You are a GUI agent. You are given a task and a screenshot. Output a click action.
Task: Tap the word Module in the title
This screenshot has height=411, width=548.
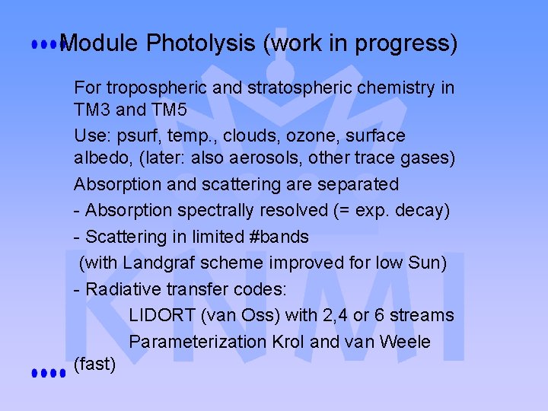tap(99, 43)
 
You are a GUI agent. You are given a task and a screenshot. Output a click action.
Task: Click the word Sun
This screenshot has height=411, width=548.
tap(428, 263)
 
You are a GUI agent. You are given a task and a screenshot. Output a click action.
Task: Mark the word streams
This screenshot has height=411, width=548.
tap(421, 315)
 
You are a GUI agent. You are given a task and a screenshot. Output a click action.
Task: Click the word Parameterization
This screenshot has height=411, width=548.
tap(198, 342)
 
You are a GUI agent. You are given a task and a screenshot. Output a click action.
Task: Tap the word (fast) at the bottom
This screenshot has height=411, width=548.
tap(95, 365)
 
